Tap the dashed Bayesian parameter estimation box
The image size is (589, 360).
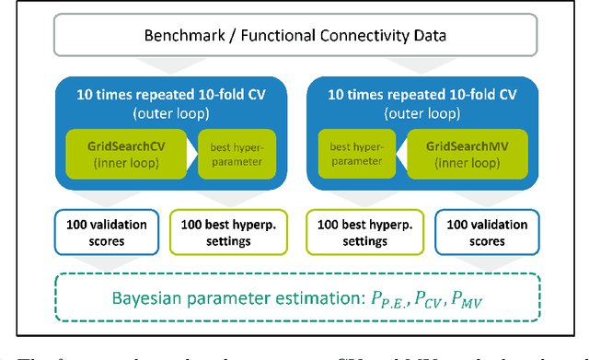pyautogui.click(x=295, y=296)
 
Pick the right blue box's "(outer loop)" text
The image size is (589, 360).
pyautogui.click(x=430, y=111)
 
